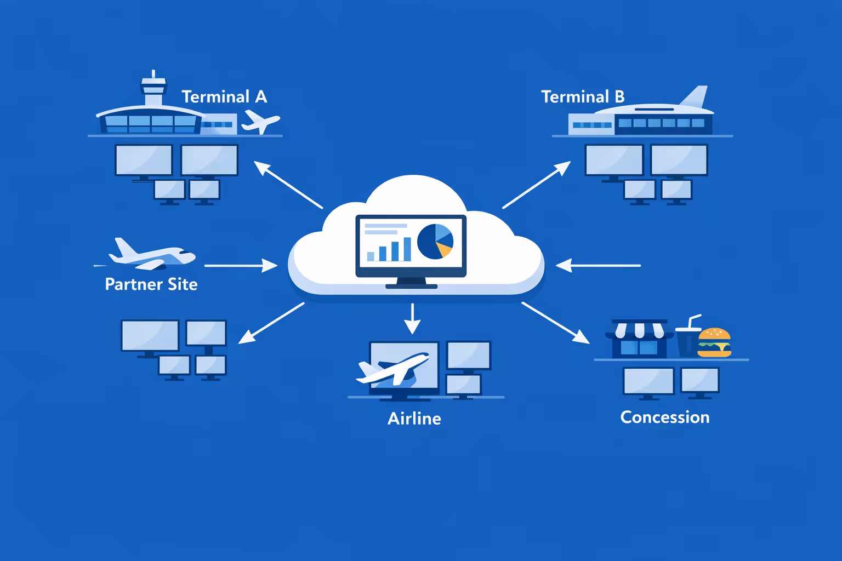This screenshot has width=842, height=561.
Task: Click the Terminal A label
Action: coord(224,97)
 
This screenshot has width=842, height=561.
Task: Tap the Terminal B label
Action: coord(583,97)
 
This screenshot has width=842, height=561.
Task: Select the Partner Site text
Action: coord(151,284)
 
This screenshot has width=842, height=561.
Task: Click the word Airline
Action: coord(414,419)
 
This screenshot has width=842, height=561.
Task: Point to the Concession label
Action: coord(665,417)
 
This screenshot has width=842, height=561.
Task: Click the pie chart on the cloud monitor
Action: coord(435,241)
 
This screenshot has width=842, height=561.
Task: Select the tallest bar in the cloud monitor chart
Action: coord(407,249)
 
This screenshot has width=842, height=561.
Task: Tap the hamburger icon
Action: coord(714,342)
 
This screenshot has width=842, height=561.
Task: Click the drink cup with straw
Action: coord(687,339)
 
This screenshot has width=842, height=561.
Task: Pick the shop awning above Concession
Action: coord(639,330)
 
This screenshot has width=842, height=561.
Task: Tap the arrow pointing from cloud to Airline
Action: coord(412,319)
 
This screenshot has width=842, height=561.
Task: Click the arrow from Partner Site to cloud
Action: coord(241,266)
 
